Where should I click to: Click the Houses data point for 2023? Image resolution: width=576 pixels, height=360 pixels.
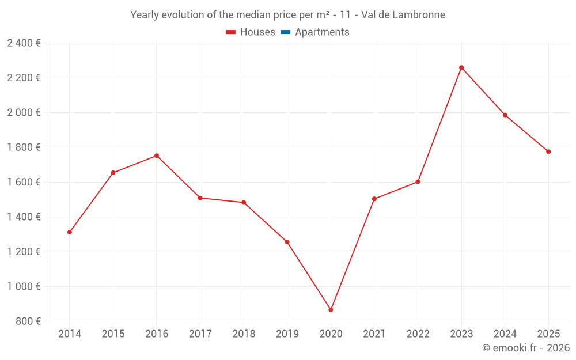click(x=461, y=67)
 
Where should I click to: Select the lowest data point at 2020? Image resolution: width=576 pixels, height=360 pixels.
click(x=331, y=310)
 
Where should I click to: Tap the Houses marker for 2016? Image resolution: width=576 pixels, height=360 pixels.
click(x=157, y=156)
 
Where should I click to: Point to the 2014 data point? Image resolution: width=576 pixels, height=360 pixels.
click(x=70, y=232)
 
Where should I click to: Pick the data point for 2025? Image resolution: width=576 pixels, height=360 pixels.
click(x=548, y=151)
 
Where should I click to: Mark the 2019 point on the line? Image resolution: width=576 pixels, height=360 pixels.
click(x=287, y=242)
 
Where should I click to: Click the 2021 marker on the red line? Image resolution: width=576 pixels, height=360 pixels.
click(x=374, y=199)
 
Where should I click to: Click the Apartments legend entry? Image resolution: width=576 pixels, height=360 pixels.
click(x=322, y=32)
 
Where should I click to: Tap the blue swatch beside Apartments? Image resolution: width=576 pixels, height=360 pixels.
click(x=285, y=32)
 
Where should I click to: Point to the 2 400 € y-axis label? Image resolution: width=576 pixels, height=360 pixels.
click(x=24, y=43)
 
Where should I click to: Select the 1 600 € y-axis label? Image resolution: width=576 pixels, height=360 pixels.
click(x=24, y=182)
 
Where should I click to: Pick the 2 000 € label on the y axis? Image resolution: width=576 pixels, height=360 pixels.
click(x=24, y=112)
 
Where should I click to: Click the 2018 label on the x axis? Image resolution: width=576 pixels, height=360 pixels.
click(x=244, y=334)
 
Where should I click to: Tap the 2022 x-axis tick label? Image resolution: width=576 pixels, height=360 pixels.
click(x=418, y=334)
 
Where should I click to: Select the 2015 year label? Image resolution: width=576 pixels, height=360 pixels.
click(x=113, y=334)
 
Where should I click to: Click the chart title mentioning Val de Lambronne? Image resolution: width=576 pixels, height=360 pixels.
click(x=287, y=15)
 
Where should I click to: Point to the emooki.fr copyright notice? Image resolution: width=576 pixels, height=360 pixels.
click(x=526, y=348)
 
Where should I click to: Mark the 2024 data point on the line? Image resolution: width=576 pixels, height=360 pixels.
click(x=505, y=115)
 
